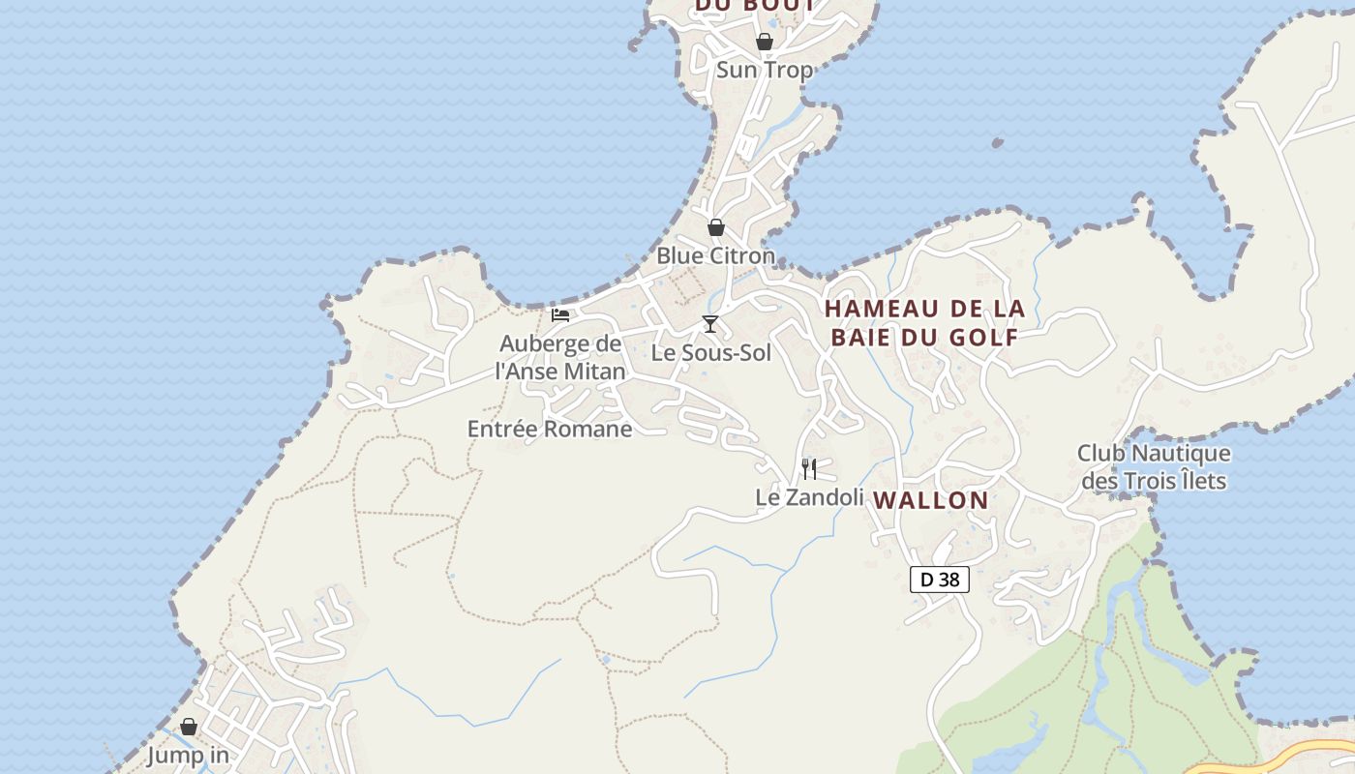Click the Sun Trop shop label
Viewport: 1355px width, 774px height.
pyautogui.click(x=764, y=70)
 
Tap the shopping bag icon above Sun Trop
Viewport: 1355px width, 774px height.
pyautogui.click(x=764, y=42)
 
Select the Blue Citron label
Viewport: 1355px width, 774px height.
pyautogui.click(x=715, y=255)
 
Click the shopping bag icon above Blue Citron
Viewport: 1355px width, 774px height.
pyautogui.click(x=715, y=227)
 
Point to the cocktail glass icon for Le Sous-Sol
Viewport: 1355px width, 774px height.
pyautogui.click(x=710, y=323)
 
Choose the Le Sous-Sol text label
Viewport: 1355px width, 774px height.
pyautogui.click(x=710, y=352)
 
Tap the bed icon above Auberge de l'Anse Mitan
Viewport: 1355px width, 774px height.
pyautogui.click(x=560, y=314)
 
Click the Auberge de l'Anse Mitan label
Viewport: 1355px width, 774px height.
pyautogui.click(x=560, y=357)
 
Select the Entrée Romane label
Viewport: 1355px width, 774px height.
pyautogui.click(x=549, y=429)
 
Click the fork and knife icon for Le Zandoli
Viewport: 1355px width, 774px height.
pyautogui.click(x=809, y=469)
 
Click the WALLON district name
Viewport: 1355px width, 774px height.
pyautogui.click(x=931, y=500)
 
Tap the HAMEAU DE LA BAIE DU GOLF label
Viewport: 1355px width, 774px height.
pyautogui.click(x=924, y=322)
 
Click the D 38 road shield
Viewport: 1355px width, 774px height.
pyautogui.click(x=939, y=580)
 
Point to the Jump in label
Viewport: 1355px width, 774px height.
pyautogui.click(x=188, y=755)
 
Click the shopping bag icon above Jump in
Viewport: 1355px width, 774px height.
pyautogui.click(x=189, y=727)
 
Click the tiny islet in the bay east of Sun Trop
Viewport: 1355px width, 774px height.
pyautogui.click(x=997, y=143)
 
